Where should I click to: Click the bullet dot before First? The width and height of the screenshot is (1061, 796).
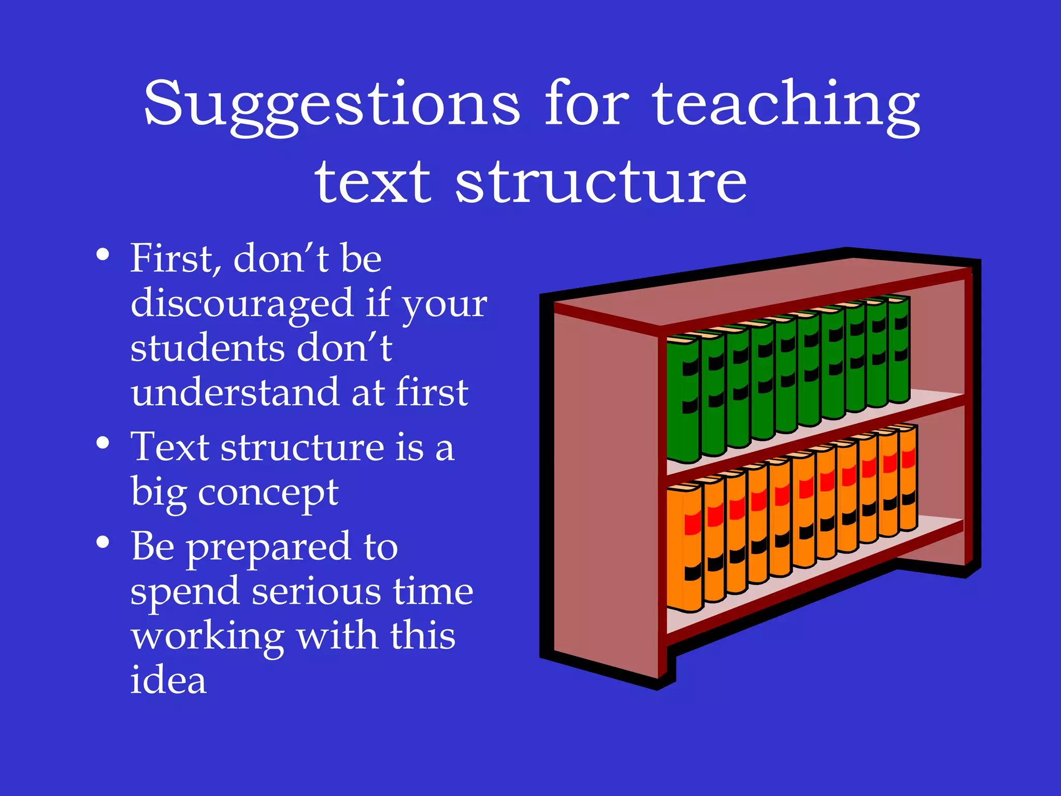tap(103, 254)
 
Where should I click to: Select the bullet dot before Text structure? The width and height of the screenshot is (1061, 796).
tap(103, 443)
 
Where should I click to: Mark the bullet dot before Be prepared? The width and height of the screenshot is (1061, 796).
tap(103, 542)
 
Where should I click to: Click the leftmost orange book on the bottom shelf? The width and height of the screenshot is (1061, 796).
tap(684, 549)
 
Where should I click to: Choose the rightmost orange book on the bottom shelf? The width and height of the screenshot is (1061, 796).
tap(908, 477)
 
